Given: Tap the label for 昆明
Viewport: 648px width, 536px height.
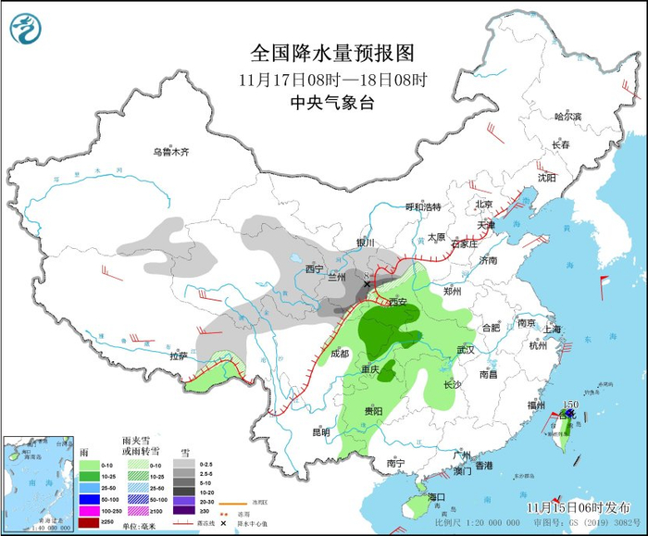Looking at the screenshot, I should [x=320, y=431].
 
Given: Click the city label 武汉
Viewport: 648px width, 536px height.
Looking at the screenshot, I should [x=465, y=349].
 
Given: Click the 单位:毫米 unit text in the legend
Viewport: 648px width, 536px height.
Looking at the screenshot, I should [x=137, y=524].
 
